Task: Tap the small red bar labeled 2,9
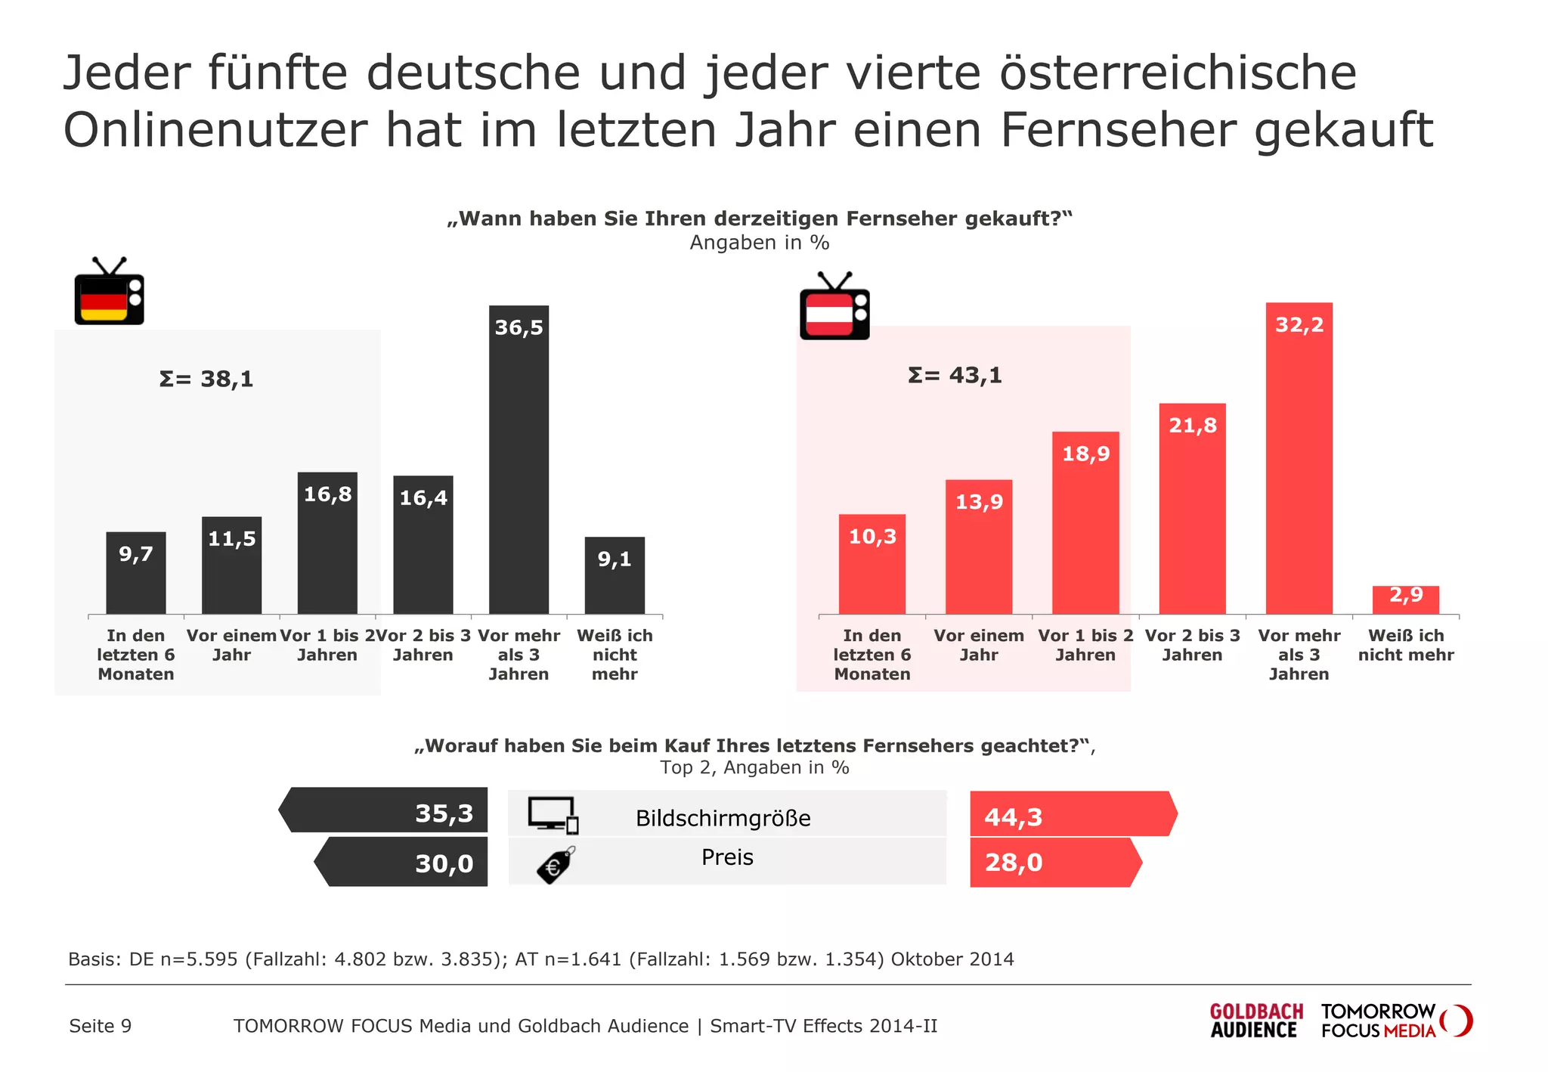(1405, 600)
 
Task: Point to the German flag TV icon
(109, 293)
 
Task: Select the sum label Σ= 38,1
(206, 379)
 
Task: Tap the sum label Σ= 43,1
(955, 376)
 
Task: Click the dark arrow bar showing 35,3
(385, 810)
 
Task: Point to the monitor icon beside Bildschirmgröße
(553, 815)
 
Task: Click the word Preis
(727, 857)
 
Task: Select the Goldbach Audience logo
(1255, 1021)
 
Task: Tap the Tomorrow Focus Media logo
(1395, 1021)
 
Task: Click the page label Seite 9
(100, 1026)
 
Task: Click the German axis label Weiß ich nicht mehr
(615, 655)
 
